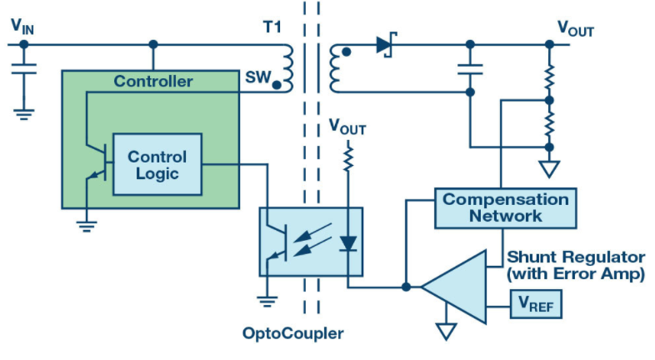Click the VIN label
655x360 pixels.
pos(22,26)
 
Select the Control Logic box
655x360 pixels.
pos(157,164)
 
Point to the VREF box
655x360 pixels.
pos(537,307)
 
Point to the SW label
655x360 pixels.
pos(257,79)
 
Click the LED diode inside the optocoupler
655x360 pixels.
pos(348,243)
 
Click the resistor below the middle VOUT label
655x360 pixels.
pos(348,157)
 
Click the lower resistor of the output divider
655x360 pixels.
pos(548,124)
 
